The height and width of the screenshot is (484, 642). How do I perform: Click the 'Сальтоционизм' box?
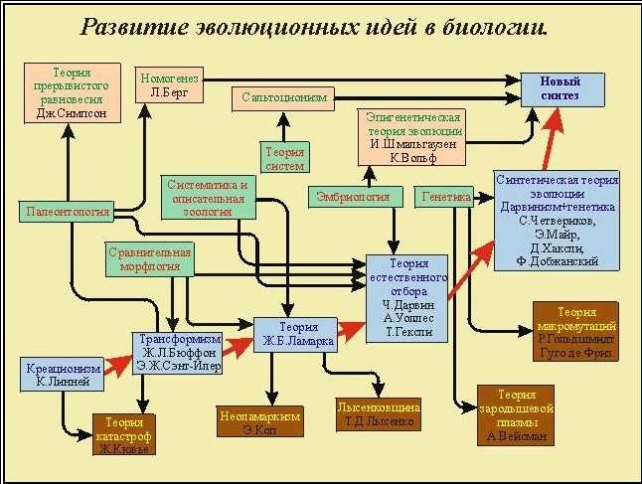click(x=283, y=97)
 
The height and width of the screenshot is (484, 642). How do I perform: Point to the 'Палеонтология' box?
click(x=66, y=211)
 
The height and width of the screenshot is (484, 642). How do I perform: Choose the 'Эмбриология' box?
click(x=353, y=197)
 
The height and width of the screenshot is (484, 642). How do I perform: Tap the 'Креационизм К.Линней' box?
click(x=62, y=375)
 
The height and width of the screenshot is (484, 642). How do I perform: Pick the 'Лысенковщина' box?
click(x=380, y=414)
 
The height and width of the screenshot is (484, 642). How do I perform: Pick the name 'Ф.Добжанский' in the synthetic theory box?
click(x=557, y=261)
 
